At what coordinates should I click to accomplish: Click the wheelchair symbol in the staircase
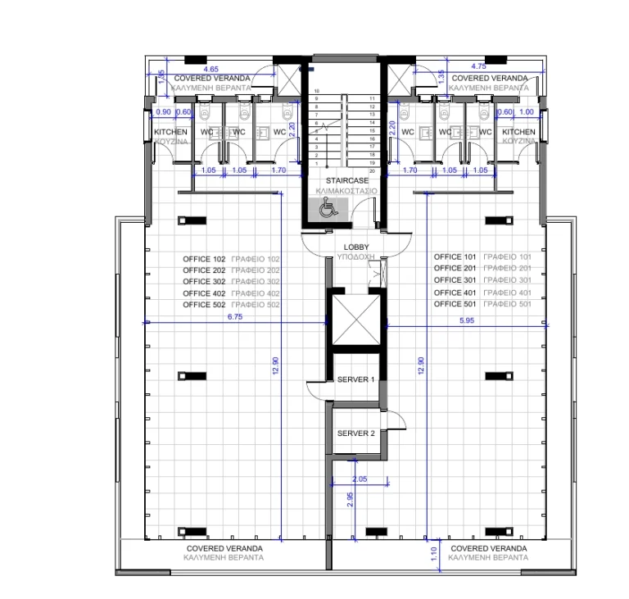pyautogui.click(x=326, y=210)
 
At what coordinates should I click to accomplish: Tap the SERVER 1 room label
pyautogui.click(x=355, y=380)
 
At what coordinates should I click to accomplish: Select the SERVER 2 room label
pyautogui.click(x=355, y=433)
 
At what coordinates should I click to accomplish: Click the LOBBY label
pyautogui.click(x=356, y=247)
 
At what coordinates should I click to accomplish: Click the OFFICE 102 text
pyautogui.click(x=203, y=258)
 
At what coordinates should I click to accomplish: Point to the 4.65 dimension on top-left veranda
pyautogui.click(x=210, y=69)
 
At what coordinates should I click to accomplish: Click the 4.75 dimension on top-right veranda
pyautogui.click(x=480, y=66)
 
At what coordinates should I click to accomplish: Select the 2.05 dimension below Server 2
pyautogui.click(x=359, y=479)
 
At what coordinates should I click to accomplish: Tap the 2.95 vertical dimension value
pyautogui.click(x=351, y=500)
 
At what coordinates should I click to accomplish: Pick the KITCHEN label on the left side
pyautogui.click(x=170, y=132)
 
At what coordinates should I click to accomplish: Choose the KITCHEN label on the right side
pyautogui.click(x=518, y=132)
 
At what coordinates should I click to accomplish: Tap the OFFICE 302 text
pyautogui.click(x=203, y=281)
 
